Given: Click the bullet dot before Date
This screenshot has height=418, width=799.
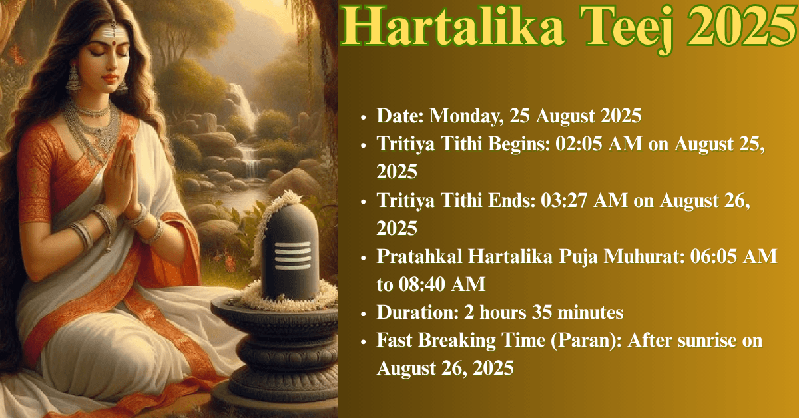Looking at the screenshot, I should [x=363, y=117].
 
